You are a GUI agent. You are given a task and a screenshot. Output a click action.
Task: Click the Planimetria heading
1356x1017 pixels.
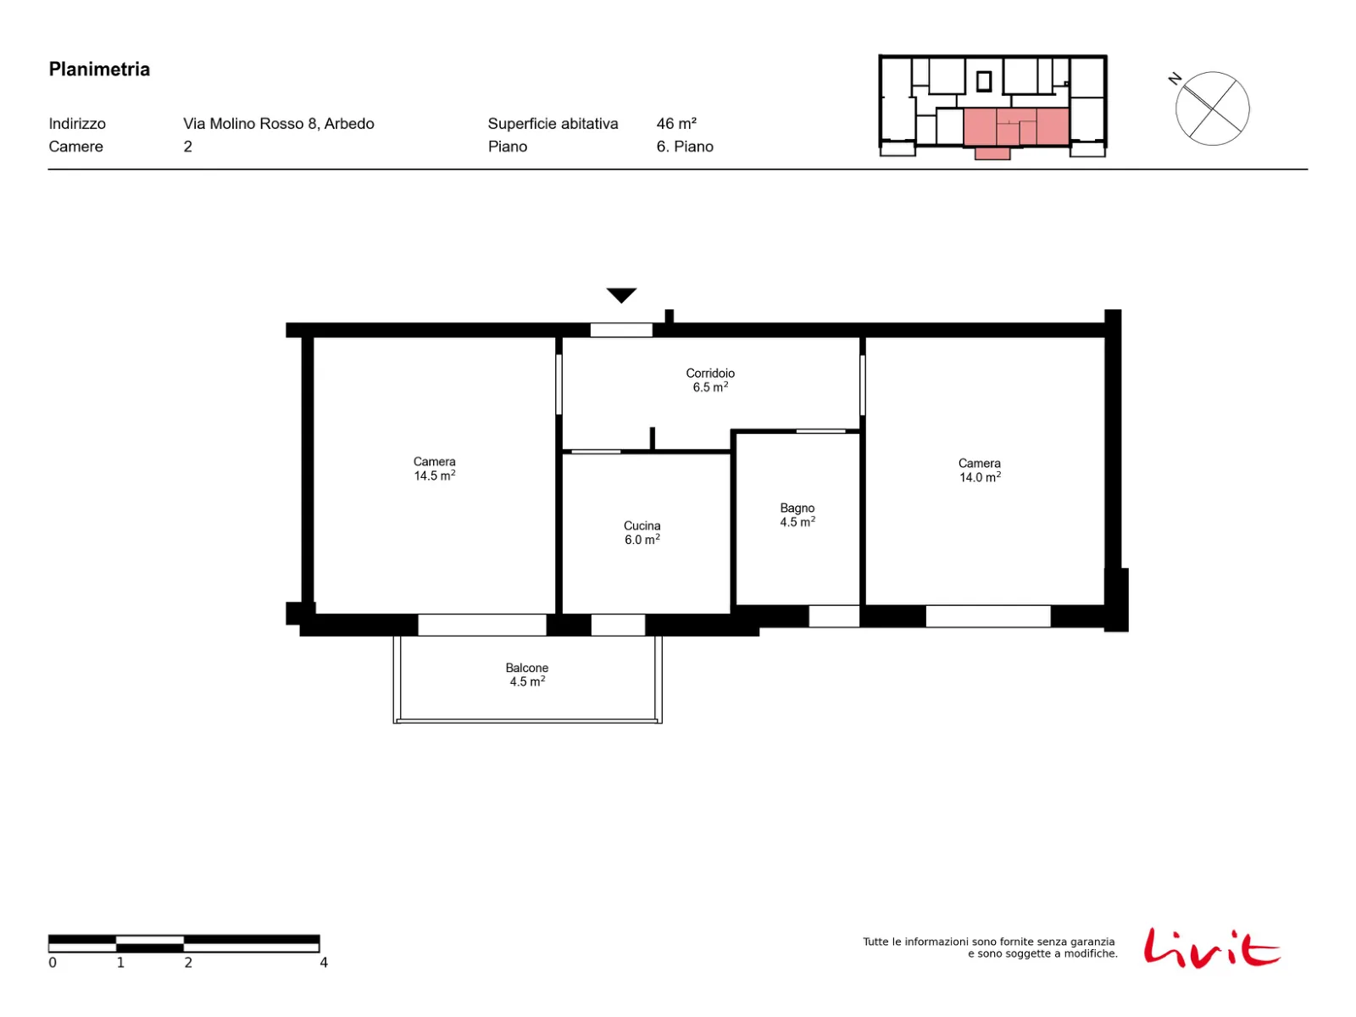(99, 69)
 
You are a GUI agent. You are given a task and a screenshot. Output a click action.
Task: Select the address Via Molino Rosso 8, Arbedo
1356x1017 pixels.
(279, 124)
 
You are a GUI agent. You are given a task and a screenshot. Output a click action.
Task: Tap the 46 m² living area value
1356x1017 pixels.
(676, 124)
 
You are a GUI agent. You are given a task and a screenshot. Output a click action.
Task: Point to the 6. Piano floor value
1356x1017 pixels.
(685, 147)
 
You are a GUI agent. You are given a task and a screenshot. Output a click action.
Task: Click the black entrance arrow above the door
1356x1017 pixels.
(621, 295)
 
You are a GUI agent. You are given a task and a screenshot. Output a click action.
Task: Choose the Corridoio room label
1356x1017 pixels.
(710, 373)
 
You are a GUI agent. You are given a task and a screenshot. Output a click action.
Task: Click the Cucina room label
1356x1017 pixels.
(642, 525)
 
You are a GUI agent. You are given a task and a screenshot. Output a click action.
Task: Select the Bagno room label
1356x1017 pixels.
(797, 508)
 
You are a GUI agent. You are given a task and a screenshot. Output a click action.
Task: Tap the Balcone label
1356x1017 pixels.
(527, 668)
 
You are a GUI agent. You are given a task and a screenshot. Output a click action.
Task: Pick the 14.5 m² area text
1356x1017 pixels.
(435, 475)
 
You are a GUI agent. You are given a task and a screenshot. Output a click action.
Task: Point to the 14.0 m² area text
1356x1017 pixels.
(980, 476)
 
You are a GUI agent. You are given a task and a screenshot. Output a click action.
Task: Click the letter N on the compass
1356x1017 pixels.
(1175, 79)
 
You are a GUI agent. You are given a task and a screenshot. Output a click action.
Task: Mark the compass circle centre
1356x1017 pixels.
(1212, 108)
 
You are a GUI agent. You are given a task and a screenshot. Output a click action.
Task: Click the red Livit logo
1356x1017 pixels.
(1211, 948)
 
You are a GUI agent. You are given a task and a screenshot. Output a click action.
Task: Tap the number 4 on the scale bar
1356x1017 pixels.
(324, 962)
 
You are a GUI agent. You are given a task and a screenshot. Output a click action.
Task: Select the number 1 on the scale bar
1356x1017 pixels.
(120, 962)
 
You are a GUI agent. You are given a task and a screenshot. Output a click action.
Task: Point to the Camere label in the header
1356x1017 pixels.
(76, 147)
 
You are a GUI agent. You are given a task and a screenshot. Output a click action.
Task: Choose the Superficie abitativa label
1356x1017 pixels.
(553, 124)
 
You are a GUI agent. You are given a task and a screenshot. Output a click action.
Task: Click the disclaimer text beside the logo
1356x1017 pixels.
(990, 948)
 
